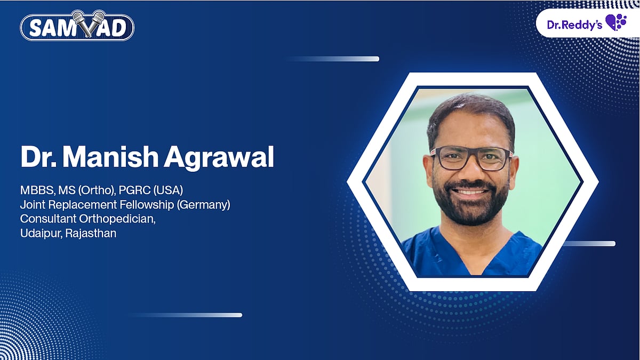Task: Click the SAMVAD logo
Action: coord(77,26)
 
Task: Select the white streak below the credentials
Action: coord(187,315)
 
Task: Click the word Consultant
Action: coord(46,219)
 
